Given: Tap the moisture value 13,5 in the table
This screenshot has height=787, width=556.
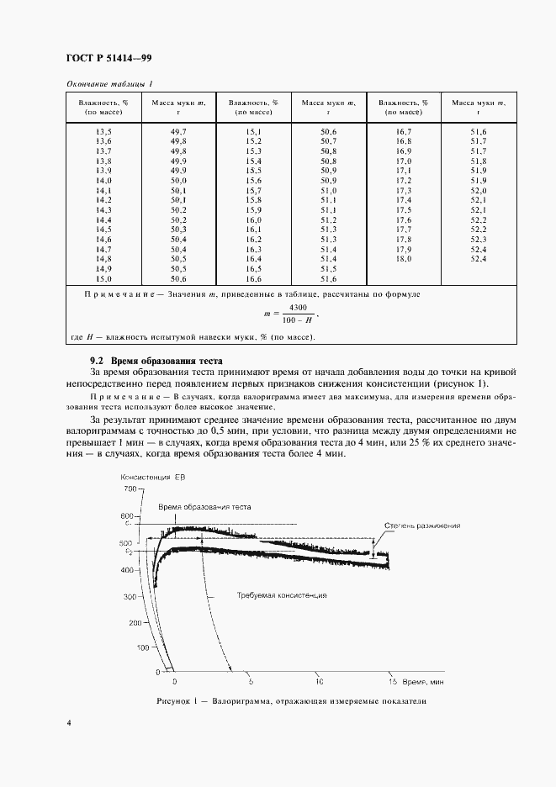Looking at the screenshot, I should [x=104, y=132].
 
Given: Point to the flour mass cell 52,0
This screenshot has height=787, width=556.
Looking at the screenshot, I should [x=479, y=191].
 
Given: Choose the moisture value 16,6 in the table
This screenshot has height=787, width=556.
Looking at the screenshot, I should [x=253, y=278].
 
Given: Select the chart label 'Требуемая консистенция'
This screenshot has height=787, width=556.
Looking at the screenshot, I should [x=281, y=594].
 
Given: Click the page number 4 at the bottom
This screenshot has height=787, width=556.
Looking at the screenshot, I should [x=67, y=722].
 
